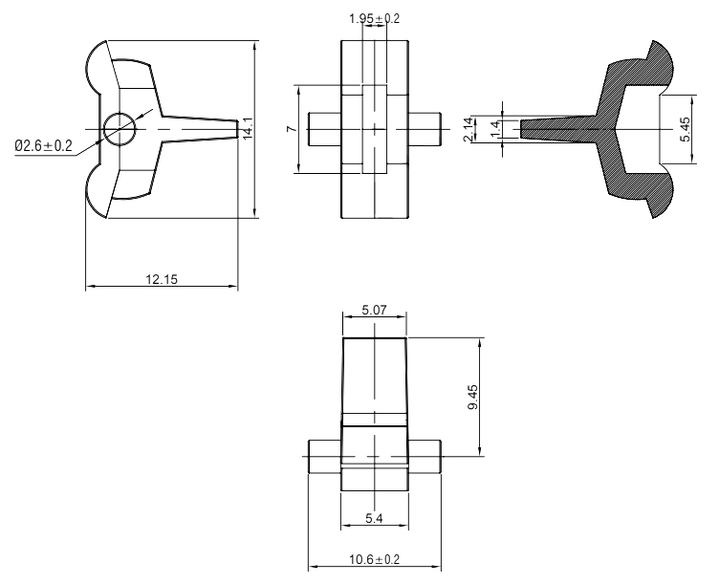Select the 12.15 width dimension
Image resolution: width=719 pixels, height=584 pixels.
point(162,278)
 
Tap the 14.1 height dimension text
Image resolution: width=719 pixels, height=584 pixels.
point(248,129)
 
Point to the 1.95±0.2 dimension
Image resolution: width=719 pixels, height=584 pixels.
point(375,19)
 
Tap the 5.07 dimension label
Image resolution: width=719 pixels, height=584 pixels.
point(374,311)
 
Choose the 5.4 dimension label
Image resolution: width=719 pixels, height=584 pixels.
point(374,517)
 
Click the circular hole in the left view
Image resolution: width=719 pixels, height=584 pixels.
point(120,128)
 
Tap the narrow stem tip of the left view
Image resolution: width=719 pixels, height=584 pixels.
point(228,129)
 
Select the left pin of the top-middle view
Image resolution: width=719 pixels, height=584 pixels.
point(324,129)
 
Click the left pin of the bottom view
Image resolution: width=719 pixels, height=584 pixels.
point(324,456)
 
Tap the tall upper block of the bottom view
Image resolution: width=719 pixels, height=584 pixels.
point(374,380)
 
